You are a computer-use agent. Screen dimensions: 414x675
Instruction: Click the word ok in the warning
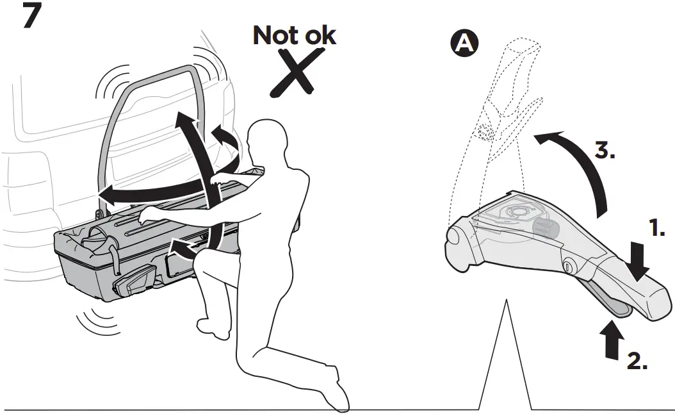pos(319,36)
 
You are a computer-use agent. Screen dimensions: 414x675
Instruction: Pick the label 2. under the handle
pos(637,361)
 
